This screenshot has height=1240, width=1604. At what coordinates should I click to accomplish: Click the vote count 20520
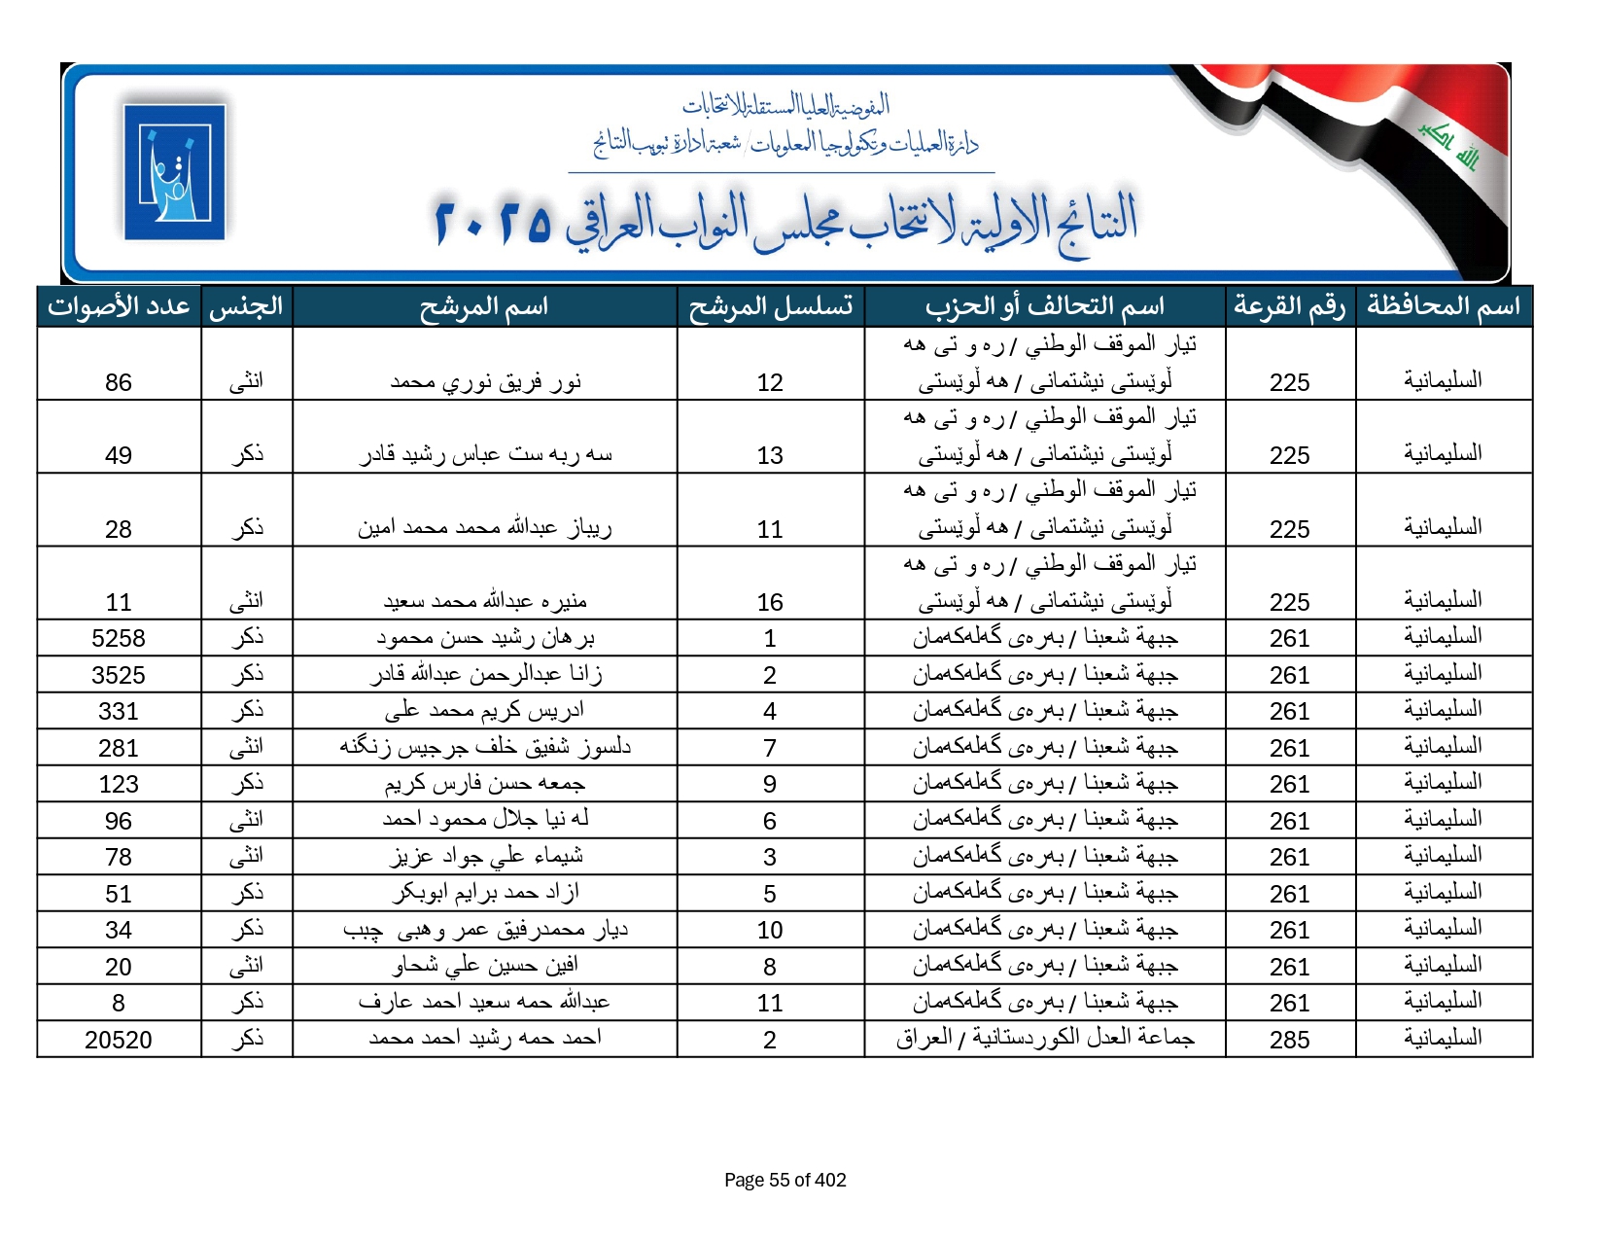(119, 1040)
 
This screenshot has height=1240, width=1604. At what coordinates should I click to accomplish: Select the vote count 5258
(119, 638)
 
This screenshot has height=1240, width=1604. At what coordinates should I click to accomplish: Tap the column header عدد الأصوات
(119, 306)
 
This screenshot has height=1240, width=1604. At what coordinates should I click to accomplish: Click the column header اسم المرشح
(484, 306)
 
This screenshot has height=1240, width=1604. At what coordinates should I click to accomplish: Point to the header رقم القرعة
(1289, 306)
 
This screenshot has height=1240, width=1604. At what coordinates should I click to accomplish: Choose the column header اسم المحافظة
(1443, 306)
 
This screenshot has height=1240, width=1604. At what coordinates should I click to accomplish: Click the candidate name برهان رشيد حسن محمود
(485, 638)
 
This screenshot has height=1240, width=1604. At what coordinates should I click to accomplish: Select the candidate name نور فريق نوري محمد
(485, 381)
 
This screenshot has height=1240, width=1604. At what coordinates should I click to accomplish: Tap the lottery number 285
(1289, 1040)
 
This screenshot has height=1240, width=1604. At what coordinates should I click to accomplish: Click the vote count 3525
(119, 675)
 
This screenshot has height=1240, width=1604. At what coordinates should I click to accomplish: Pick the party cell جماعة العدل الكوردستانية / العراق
(1045, 1039)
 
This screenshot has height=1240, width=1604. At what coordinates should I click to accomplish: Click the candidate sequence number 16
(770, 602)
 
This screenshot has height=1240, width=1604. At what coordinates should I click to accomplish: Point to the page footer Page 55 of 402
(785, 1180)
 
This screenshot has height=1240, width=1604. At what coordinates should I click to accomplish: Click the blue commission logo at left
(175, 172)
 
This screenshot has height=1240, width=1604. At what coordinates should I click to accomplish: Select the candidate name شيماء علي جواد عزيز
(485, 857)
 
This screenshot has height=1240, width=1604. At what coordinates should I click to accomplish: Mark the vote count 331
(119, 711)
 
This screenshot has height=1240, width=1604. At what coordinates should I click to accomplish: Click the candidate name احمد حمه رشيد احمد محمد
(485, 1039)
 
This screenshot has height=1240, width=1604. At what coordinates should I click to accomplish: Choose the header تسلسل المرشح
(770, 306)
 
